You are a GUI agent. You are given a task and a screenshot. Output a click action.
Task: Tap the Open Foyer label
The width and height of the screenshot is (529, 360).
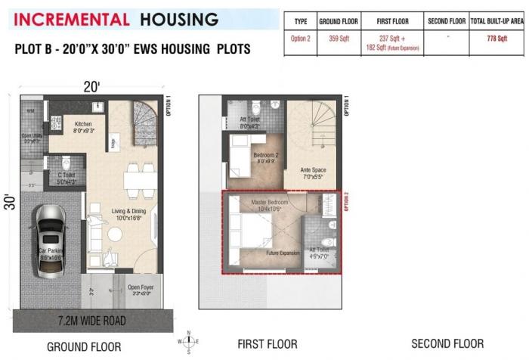tap(140, 287)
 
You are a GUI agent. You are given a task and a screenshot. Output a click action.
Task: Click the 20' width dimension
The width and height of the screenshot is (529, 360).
tap(91, 87)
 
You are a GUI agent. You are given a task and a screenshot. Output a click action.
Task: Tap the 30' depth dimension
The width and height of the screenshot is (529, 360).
tap(8, 202)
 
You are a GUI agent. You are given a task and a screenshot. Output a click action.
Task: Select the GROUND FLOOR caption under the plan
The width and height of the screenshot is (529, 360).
tap(83, 347)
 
